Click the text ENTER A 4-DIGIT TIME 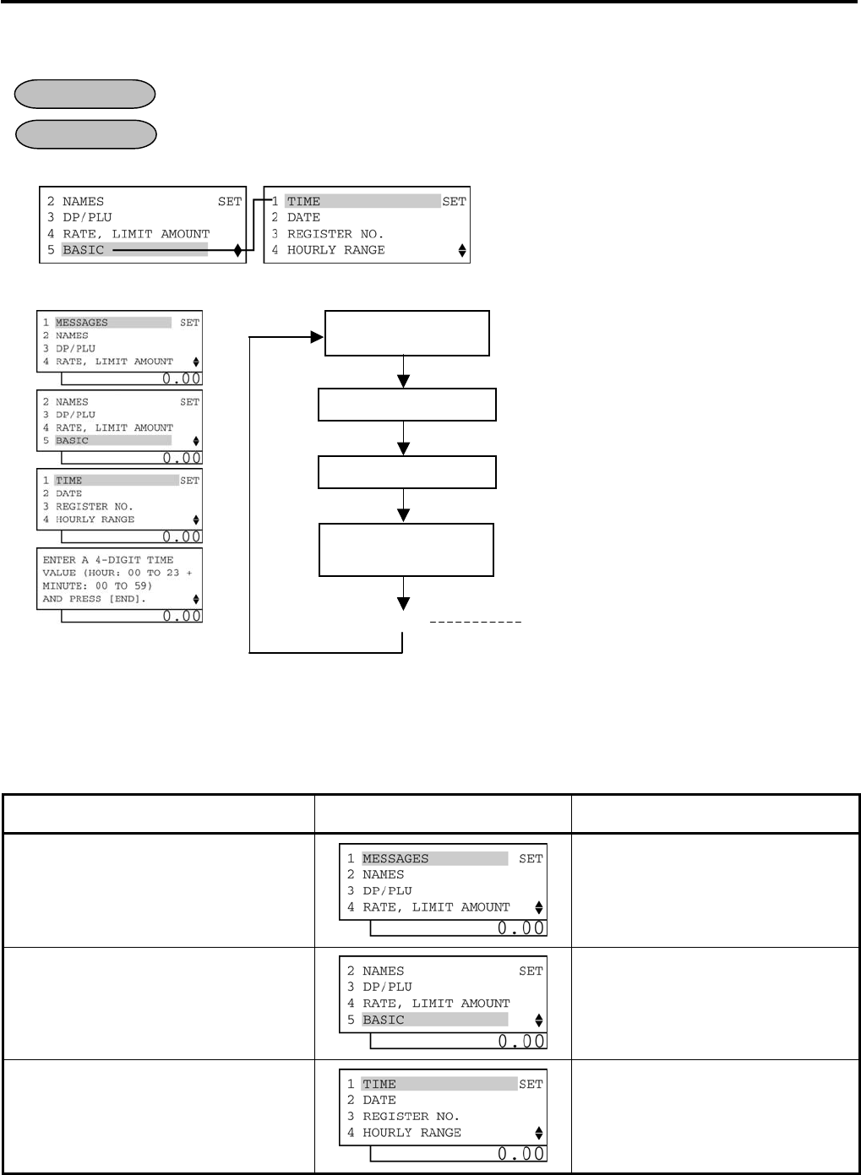click(108, 559)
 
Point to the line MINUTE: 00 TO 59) click(97, 585)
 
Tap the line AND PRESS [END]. click(94, 598)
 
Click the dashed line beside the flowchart click(476, 623)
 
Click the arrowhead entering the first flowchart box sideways click(318, 337)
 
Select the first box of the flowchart click(406, 333)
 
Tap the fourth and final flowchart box click(406, 550)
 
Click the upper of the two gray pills click(85, 94)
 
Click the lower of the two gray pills click(86, 134)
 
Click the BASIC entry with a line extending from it click(84, 250)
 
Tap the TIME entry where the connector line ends click(304, 201)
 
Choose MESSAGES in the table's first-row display click(395, 858)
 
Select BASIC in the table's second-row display click(384, 1020)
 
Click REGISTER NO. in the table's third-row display click(411, 1116)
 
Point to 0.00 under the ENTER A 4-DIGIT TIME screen click(182, 616)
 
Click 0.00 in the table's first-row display click(520, 928)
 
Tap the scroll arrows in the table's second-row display click(539, 1020)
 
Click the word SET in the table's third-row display click(531, 1084)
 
